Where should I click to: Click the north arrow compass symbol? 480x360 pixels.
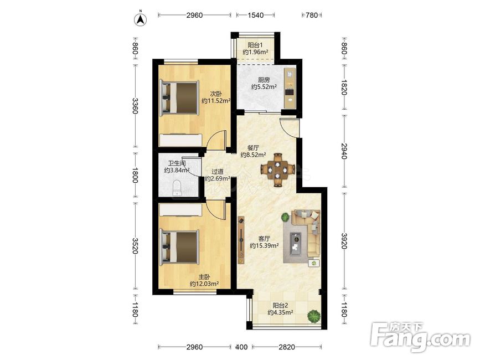pyautogui.click(x=141, y=19)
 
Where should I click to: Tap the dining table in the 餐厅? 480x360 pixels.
pyautogui.click(x=278, y=169)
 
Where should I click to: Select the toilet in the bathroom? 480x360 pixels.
pyautogui.click(x=177, y=187)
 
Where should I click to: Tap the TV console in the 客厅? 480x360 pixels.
pyautogui.click(x=241, y=240)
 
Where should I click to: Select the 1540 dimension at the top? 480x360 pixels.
pyautogui.click(x=255, y=15)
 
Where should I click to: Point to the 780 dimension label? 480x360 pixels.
pyautogui.click(x=312, y=15)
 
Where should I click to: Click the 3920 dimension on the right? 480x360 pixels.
pyautogui.click(x=344, y=241)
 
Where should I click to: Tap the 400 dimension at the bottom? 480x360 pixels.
pyautogui.click(x=241, y=347)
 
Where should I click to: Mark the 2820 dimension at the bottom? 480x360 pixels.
pyautogui.click(x=287, y=347)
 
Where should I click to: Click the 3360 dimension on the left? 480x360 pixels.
pyautogui.click(x=135, y=106)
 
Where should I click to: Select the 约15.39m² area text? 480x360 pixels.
pyautogui.click(x=264, y=245)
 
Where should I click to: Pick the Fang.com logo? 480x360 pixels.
pyautogui.click(x=420, y=336)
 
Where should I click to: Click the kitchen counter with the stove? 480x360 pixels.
pyautogui.click(x=290, y=88)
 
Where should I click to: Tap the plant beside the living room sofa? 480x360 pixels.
pyautogui.click(x=285, y=217)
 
